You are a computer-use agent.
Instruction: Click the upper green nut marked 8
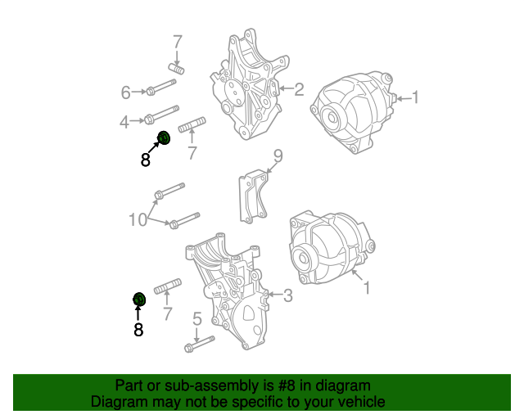[163, 137]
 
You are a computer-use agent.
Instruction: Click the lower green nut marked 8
[139, 298]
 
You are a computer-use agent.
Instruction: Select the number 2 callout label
[299, 89]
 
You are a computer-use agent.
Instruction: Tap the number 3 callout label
[287, 295]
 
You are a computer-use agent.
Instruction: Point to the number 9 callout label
[278, 155]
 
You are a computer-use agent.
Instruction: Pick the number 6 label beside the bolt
[126, 92]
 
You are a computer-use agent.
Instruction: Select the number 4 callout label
[124, 122]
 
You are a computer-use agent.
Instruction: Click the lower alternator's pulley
[305, 260]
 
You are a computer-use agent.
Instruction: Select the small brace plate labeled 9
[253, 196]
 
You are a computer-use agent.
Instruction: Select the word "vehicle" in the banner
[358, 402]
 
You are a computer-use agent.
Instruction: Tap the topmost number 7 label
[177, 40]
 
